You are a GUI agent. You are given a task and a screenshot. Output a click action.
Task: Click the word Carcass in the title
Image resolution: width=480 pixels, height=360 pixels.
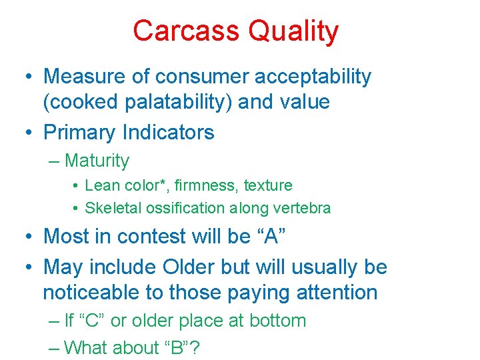tap(186, 31)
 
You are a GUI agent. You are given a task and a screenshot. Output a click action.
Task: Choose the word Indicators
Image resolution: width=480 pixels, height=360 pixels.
tap(169, 132)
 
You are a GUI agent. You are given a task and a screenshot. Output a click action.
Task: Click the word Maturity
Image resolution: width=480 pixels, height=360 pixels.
tap(97, 161)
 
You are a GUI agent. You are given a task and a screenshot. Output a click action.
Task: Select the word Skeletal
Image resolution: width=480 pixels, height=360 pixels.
tap(111, 208)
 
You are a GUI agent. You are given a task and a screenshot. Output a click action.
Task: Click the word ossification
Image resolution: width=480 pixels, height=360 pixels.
tap(183, 208)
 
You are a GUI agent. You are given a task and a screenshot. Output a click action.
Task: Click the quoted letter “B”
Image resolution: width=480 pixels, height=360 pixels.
tap(183, 347)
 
